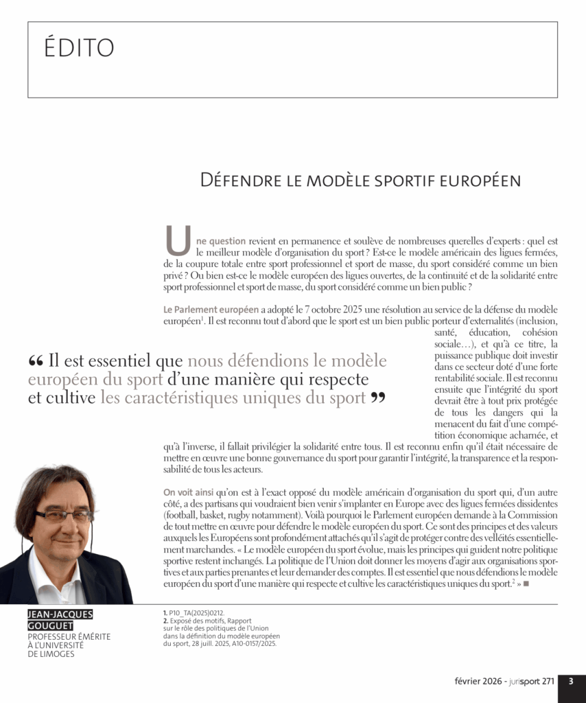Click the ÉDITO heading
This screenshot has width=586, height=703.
click(x=79, y=48)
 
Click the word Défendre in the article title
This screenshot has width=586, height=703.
click(x=233, y=181)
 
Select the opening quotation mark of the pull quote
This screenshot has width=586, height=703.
click(x=36, y=361)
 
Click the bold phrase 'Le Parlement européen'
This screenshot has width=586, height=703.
click(x=211, y=310)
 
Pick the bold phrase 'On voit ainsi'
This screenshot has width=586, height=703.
click(x=187, y=492)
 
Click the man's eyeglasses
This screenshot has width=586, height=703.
click(x=63, y=516)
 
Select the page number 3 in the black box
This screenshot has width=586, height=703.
click(x=571, y=682)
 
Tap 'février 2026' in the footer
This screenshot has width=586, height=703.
click(x=479, y=682)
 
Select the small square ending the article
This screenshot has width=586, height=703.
click(x=526, y=584)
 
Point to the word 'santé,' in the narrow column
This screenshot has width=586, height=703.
click(x=447, y=332)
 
